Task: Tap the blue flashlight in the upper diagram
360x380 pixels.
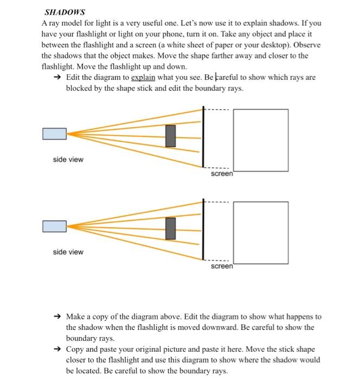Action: point(55,134)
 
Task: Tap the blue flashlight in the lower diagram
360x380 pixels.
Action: point(55,226)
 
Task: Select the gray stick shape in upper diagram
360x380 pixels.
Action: point(171,136)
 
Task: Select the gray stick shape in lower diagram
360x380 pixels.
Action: point(171,227)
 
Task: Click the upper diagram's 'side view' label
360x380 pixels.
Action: point(68,160)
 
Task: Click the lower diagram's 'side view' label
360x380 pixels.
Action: point(68,252)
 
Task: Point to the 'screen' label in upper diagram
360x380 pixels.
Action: point(222,174)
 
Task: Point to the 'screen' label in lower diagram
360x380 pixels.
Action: point(222,267)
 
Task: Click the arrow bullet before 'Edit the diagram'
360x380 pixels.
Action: point(58,78)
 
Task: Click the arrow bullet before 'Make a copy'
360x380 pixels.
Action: point(58,316)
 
